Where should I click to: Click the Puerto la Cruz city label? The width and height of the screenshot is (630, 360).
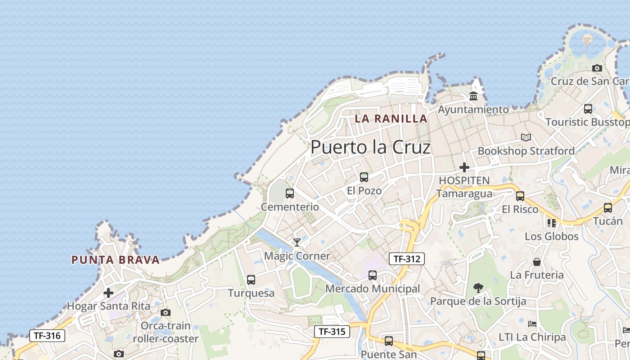[x=370, y=147]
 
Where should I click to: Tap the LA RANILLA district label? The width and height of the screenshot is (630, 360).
[x=391, y=119]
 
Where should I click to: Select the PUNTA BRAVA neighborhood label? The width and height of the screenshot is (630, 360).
[x=116, y=260]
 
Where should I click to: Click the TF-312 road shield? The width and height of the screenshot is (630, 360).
[x=406, y=259]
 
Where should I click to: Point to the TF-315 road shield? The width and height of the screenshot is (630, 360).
[x=332, y=332]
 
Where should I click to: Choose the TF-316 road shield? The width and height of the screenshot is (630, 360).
[x=47, y=335]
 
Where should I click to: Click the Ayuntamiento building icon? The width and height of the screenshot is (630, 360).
[x=473, y=96]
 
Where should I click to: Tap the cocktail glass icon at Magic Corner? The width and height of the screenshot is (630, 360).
[x=297, y=243]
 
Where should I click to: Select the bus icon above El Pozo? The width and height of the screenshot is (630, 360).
[x=364, y=177]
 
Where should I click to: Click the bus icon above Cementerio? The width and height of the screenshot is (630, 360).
[x=290, y=193]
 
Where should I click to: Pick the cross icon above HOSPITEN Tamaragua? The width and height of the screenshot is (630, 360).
[x=464, y=167]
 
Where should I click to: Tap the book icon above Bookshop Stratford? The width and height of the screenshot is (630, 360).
[x=526, y=137]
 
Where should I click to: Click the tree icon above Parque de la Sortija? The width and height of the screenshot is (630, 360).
[x=478, y=288]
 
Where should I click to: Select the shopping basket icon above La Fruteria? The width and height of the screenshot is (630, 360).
[x=537, y=261]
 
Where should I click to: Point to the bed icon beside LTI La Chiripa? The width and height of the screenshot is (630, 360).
[x=532, y=324]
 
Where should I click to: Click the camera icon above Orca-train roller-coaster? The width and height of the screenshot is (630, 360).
[x=166, y=312]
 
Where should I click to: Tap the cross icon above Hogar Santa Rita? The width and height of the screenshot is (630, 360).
[x=108, y=293]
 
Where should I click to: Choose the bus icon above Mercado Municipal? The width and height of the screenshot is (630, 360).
[x=373, y=275]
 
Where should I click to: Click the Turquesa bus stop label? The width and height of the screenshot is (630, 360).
[x=251, y=293]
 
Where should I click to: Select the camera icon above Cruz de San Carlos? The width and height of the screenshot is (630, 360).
[x=597, y=68]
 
